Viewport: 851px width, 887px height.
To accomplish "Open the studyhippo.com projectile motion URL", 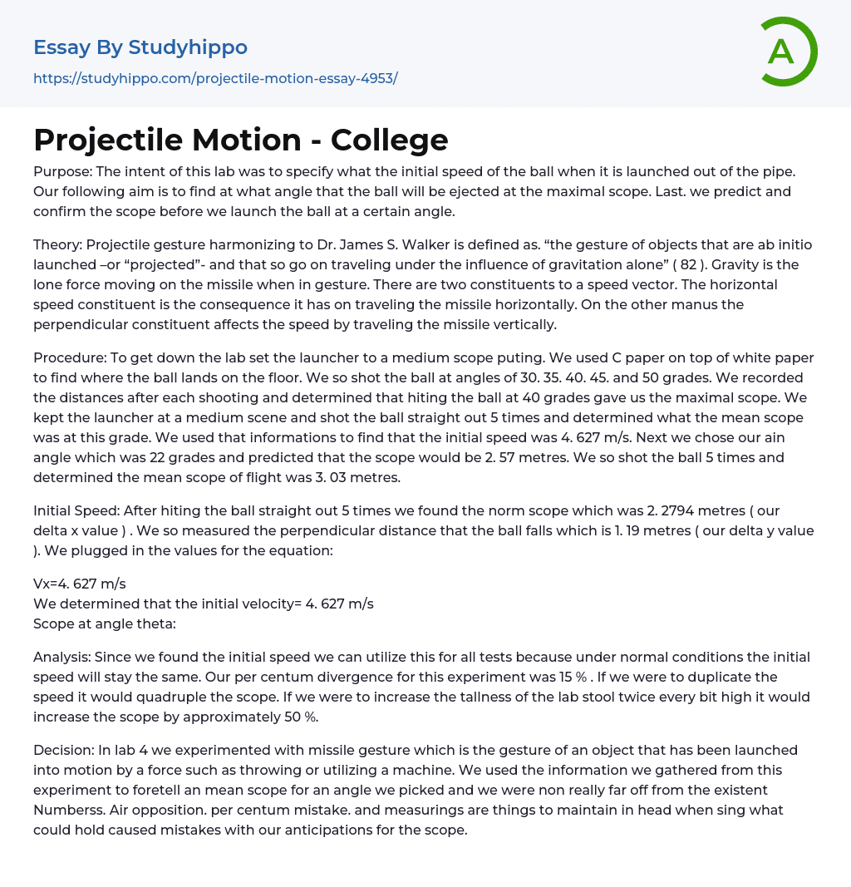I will coord(215,78).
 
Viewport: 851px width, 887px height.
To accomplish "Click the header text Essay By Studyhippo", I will coord(140,47).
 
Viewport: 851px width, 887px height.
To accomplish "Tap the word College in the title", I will coord(389,140).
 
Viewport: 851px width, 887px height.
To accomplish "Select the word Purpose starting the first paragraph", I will coord(62,172).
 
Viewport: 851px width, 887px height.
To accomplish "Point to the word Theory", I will coord(57,244).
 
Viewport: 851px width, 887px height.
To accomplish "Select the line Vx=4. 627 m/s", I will coord(80,584).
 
